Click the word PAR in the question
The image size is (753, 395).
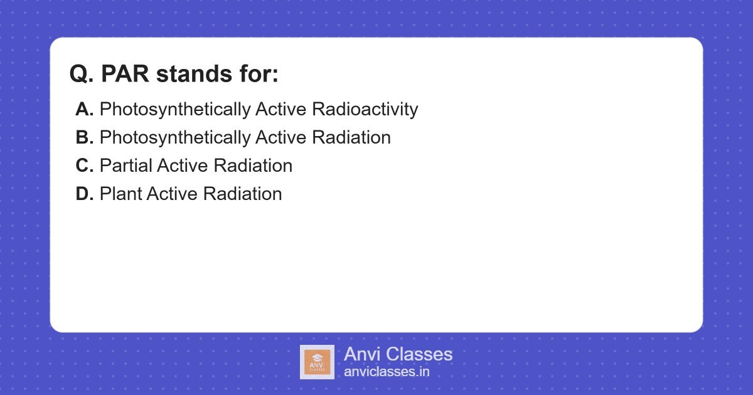coord(125,74)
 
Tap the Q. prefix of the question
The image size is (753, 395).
coord(82,74)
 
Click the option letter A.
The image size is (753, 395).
coord(84,109)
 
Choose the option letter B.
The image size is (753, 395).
coord(84,137)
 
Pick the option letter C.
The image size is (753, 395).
coord(84,166)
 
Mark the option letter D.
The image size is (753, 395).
coord(84,194)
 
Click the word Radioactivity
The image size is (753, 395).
coord(365,109)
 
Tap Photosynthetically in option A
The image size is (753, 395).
coord(174,110)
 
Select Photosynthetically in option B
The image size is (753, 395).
coord(174,138)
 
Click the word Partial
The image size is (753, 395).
coord(125,166)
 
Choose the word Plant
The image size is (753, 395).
coord(120,194)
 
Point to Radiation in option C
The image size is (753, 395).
coord(253,166)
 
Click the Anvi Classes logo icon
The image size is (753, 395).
coord(317,362)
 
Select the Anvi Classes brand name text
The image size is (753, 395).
coord(398,354)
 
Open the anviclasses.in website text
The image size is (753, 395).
coord(387,372)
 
